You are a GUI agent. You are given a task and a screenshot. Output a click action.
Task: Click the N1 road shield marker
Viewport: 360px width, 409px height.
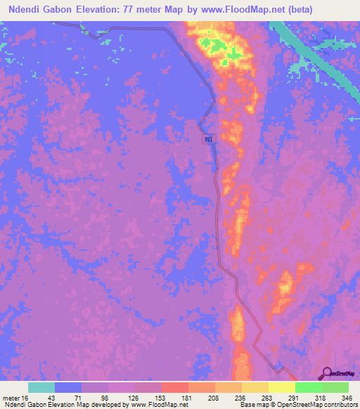click(x=209, y=139)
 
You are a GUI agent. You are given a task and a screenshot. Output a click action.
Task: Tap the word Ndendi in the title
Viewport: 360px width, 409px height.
click(x=27, y=9)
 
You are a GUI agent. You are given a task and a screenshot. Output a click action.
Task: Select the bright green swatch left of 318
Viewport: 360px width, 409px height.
click(x=308, y=387)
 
